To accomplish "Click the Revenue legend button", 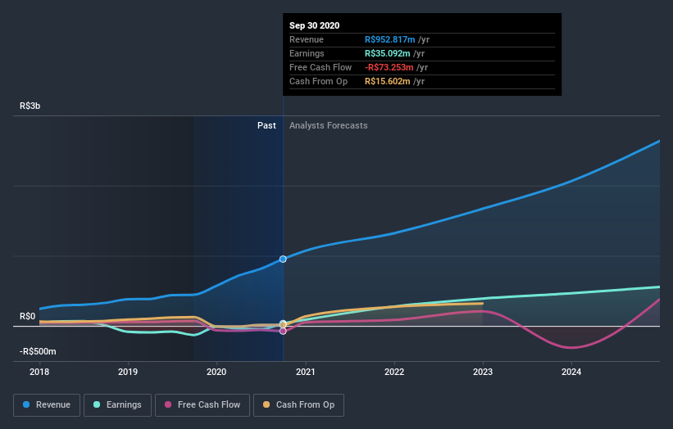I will [47, 404].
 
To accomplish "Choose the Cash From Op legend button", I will [299, 404].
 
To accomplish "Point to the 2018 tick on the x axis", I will [39, 372].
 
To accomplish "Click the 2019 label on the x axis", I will [128, 372].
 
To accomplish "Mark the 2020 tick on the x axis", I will [216, 372].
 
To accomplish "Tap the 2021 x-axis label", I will [306, 372].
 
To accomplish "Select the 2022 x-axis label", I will [394, 372].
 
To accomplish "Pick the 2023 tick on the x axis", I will [483, 372].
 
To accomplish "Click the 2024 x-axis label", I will [571, 372].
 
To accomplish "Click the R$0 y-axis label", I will [28, 316].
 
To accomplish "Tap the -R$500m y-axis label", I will [39, 351].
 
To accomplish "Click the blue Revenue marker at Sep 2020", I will [283, 259].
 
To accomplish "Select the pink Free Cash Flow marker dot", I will [283, 331].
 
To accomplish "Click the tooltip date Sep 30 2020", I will [314, 25].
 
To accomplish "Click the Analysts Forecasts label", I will [328, 125].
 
